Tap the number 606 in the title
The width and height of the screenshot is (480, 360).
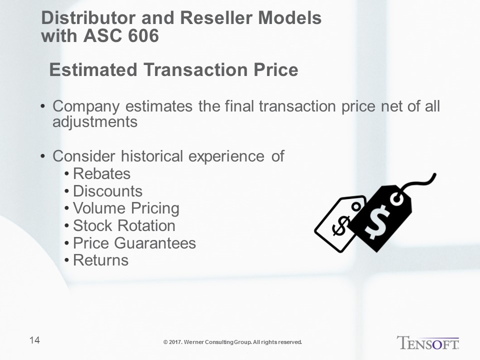pos(143,35)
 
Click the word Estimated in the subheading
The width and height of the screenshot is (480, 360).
pos(93,69)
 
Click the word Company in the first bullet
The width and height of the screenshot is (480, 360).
pos(86,107)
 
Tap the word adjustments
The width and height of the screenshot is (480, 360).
pos(95,122)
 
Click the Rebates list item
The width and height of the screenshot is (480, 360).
pos(101,173)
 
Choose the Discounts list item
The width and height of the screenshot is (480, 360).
pos(108,191)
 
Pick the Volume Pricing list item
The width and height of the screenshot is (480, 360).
pos(126,209)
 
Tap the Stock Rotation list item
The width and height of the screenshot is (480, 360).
pos(124,225)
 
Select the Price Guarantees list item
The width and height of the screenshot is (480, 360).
pos(134,243)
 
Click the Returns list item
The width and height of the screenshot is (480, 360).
pos(100,260)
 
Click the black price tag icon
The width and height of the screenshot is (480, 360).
pos(379,219)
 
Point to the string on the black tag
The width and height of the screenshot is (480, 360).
pos(419,183)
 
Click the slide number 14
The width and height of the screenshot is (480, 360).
pos(34,340)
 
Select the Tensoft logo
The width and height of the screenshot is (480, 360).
pos(428,342)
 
